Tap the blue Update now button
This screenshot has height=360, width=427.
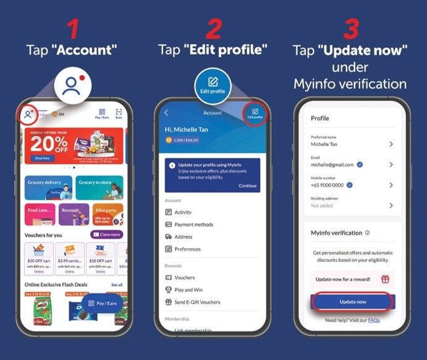[352, 301]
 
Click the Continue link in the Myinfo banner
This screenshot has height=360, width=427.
[247, 186]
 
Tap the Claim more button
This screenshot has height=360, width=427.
[106, 234]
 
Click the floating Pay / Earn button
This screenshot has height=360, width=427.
[103, 303]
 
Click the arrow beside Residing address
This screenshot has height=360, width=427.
[391, 205]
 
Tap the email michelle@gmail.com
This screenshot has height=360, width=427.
[332, 165]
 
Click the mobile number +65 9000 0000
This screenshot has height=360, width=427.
[327, 185]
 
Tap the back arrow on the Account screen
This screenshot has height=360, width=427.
[166, 113]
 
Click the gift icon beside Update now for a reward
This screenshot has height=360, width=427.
[384, 279]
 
